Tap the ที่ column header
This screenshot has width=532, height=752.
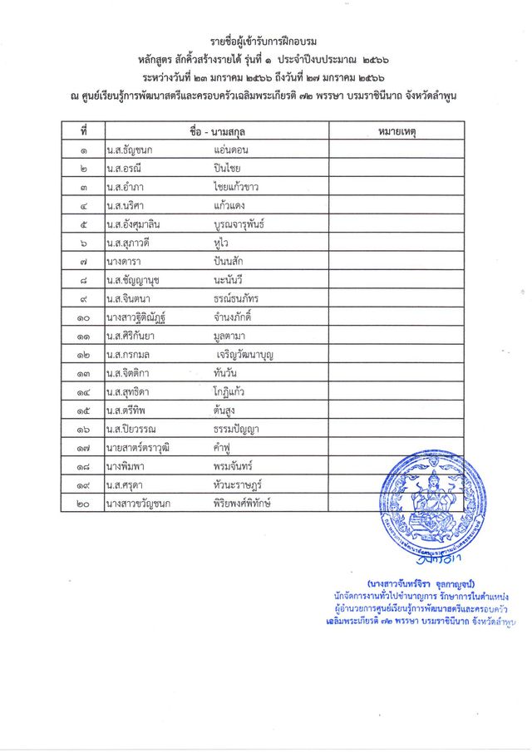tap(83, 132)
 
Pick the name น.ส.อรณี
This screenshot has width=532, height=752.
tap(126, 169)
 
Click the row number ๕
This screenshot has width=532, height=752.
tap(83, 224)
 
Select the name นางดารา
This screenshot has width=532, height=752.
tap(125, 260)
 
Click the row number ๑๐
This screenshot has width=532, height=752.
tap(83, 317)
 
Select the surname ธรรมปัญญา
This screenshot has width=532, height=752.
tap(242, 429)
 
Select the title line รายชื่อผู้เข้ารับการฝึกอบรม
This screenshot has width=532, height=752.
tap(264, 42)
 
